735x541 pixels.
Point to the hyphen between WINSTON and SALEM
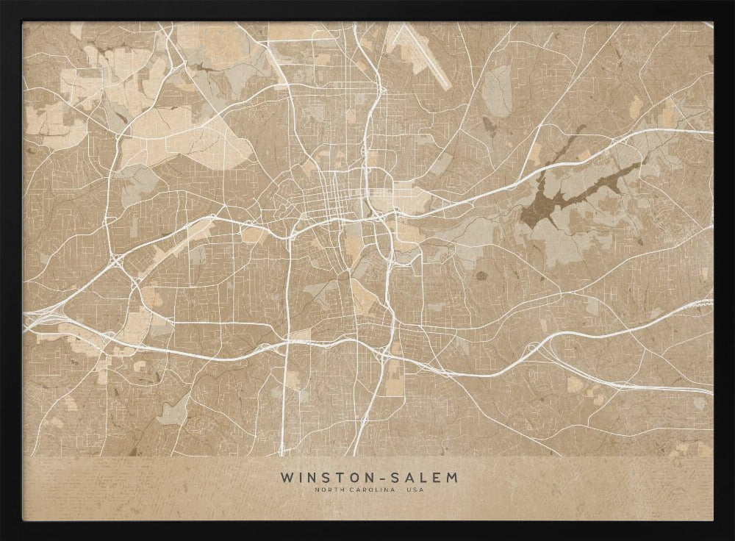[374, 478]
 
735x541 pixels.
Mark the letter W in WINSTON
[285, 478]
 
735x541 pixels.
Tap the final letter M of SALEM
[451, 478]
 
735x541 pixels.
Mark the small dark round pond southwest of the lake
[482, 276]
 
